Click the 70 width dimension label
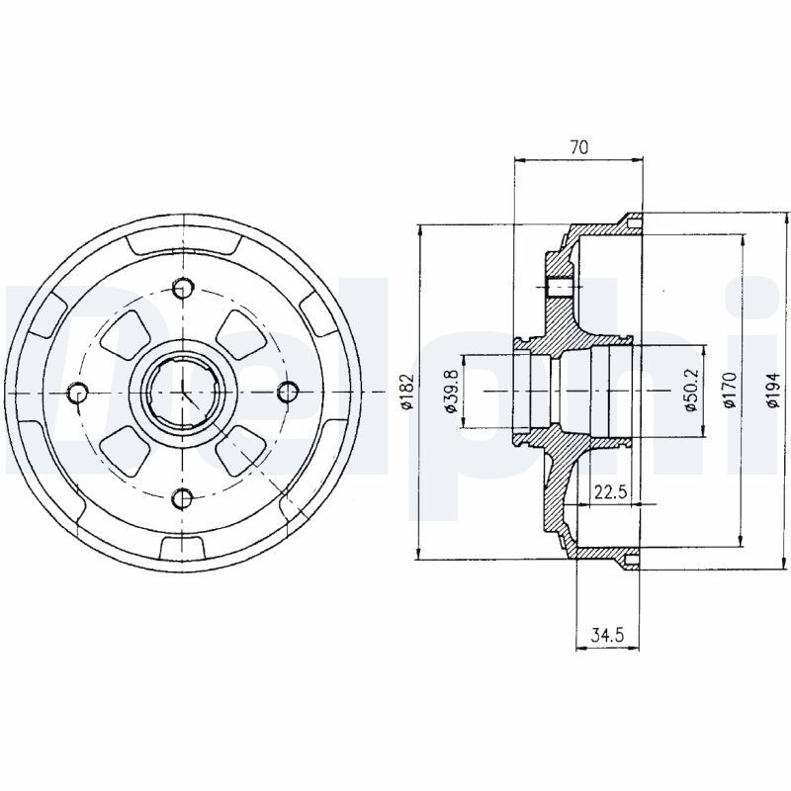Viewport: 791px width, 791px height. [579, 147]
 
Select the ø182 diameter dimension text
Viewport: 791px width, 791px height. [405, 393]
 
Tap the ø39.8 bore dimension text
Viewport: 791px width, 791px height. [452, 393]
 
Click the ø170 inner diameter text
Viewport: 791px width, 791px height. [730, 389]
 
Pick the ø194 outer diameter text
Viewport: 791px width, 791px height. [773, 389]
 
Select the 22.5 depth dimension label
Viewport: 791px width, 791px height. [610, 491]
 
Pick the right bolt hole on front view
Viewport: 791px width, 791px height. [287, 394]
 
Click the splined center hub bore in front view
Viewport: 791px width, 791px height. [182, 394]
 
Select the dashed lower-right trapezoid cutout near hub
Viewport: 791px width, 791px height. [237, 453]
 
